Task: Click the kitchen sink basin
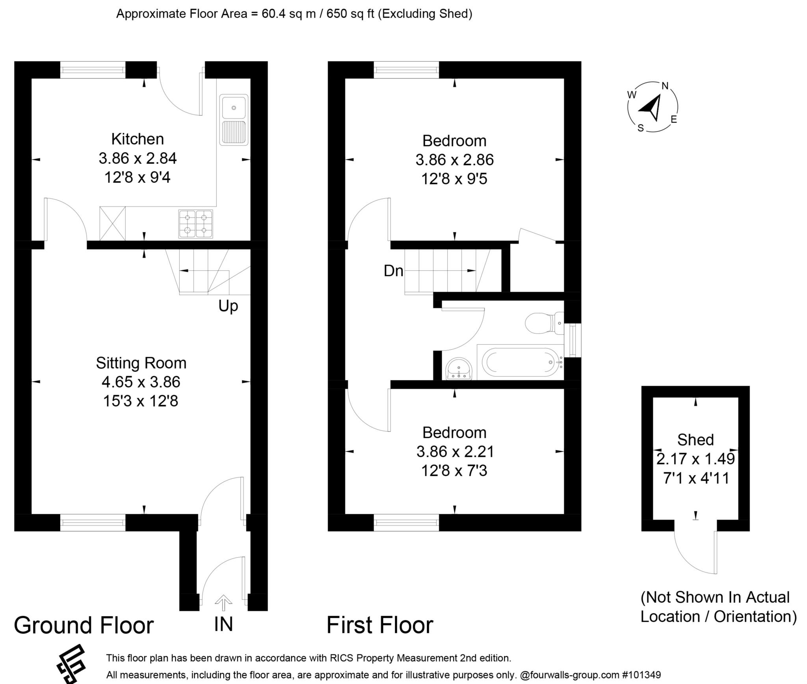pos(234,107)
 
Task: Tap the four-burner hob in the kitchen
pos(196,224)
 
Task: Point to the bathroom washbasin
pos(459,369)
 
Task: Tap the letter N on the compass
pos(665,86)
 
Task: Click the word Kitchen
pos(137,139)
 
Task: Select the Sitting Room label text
pos(141,363)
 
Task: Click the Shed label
pos(695,440)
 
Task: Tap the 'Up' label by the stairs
pos(228,306)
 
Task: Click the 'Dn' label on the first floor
pos(393,271)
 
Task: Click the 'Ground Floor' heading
pos(84,626)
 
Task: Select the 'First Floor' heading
pos(379,626)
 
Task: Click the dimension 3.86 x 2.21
pos(455,452)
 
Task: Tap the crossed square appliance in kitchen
pos(113,223)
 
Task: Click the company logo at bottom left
pos(71,664)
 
